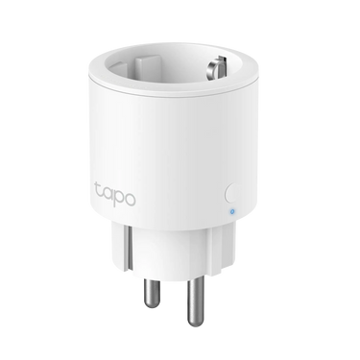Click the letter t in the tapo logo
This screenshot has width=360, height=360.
point(98,191)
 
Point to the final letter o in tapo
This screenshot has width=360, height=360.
point(130,200)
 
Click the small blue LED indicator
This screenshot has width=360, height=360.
point(232,211)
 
